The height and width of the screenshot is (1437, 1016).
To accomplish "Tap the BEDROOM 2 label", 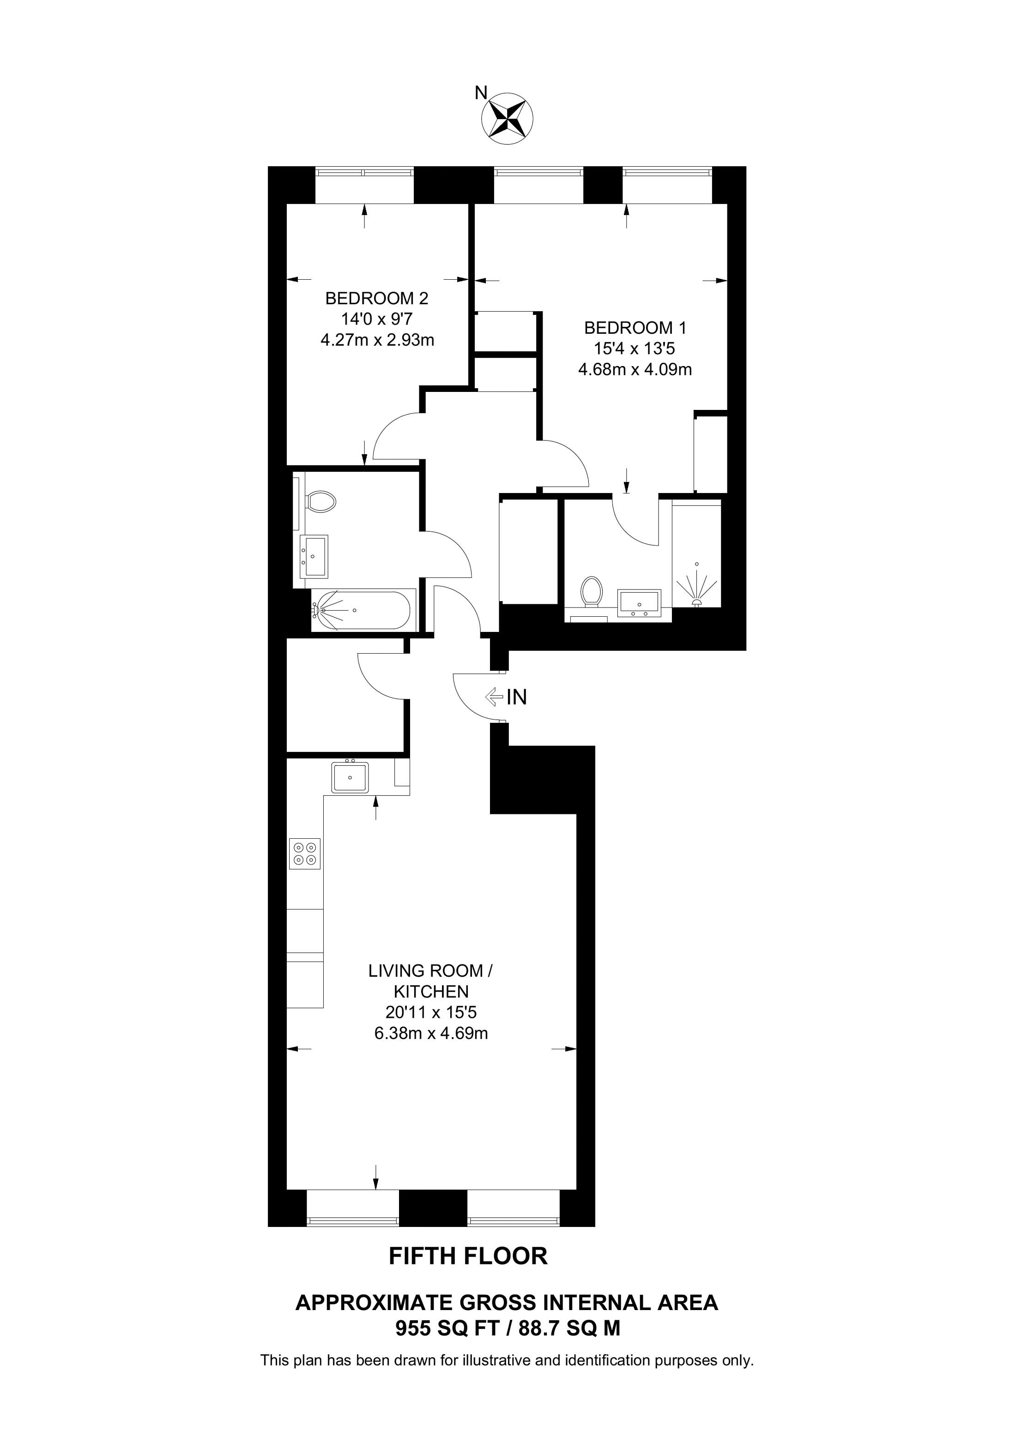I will (377, 298).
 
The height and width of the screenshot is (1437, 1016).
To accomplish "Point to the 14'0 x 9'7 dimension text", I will (377, 319).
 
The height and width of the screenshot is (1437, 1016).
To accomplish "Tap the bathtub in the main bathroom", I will (363, 610).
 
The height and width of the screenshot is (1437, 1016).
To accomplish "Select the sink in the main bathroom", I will (314, 556).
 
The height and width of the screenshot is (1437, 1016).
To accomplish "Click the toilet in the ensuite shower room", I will (591, 591).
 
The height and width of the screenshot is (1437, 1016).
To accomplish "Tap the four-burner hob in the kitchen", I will (305, 854).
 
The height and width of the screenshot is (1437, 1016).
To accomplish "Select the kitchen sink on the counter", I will (350, 777).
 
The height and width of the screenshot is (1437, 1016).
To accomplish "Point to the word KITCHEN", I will (431, 992).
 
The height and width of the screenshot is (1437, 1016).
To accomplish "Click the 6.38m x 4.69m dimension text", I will (431, 1033).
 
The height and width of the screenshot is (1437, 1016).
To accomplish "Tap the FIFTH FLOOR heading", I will (468, 1256).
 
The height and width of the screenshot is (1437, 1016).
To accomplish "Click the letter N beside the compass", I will (481, 93).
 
